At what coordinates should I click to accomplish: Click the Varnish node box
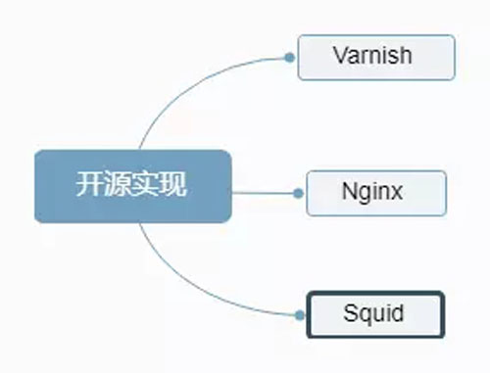point(376,57)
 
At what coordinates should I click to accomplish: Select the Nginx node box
point(375,193)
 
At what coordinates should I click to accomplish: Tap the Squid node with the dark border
point(375,314)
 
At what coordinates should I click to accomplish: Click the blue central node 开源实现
point(132,186)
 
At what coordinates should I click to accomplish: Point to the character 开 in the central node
point(91,185)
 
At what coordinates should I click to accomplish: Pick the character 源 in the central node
point(119,185)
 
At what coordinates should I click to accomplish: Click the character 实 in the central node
point(146,185)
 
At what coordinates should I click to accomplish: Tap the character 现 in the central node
point(173,185)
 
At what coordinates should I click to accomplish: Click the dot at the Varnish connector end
point(290,58)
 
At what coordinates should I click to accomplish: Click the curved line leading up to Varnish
point(186,83)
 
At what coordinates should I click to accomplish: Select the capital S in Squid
point(350,314)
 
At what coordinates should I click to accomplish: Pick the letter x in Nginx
point(397,191)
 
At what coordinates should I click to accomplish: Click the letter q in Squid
point(364,316)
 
